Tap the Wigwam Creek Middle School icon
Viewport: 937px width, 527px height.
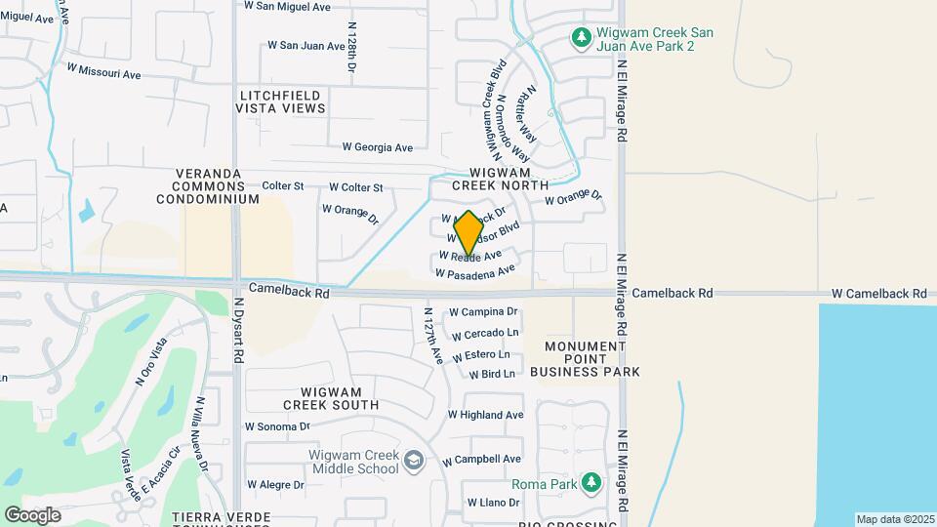(x=414, y=461)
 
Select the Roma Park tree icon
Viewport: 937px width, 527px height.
(x=591, y=483)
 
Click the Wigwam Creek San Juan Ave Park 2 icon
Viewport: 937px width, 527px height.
(x=582, y=38)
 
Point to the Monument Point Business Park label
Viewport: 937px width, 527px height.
(x=585, y=359)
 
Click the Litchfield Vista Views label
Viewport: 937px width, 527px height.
(x=280, y=101)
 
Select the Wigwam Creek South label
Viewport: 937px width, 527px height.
(x=331, y=397)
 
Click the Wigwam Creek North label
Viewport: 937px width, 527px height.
(x=500, y=177)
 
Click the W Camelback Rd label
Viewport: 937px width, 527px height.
(x=878, y=294)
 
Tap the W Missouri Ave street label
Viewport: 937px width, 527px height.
(x=104, y=73)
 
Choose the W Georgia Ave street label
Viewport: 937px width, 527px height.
(x=377, y=147)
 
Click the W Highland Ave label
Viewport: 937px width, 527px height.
(x=486, y=415)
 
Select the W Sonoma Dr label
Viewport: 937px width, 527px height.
(x=277, y=426)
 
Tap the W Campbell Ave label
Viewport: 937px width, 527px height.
(x=481, y=459)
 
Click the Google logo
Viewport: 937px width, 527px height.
(x=32, y=515)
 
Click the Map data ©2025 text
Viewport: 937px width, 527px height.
(x=894, y=519)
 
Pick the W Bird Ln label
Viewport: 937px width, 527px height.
(x=491, y=374)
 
